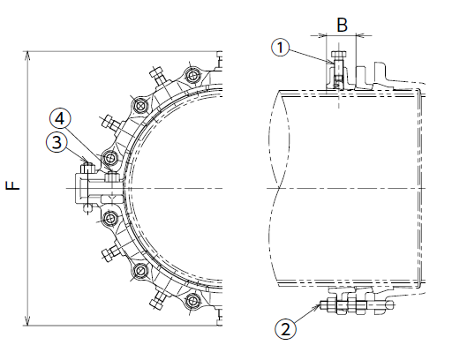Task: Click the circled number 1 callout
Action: point(280,48)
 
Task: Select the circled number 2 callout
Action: point(286,329)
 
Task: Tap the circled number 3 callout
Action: point(56,142)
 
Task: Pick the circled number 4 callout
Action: point(60,118)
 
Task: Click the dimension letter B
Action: point(342,25)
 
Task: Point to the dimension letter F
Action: point(13,185)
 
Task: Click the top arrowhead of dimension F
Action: point(27,55)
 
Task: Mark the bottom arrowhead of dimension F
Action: point(27,321)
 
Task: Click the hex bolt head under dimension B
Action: point(339,55)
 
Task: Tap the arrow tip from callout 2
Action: point(320,305)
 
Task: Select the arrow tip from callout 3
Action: point(87,163)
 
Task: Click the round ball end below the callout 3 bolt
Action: point(88,208)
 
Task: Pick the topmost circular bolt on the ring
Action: point(192,75)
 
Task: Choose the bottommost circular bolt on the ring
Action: point(192,301)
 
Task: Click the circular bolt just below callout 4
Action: point(110,158)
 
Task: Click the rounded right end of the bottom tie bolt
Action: point(390,305)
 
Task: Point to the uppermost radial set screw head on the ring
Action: point(156,72)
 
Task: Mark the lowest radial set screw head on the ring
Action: point(156,304)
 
